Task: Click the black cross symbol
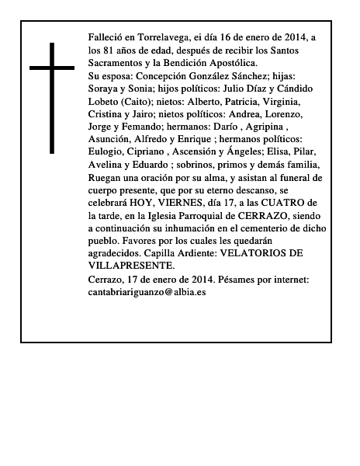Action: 52,97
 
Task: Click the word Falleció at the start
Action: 108,37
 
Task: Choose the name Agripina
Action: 259,126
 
